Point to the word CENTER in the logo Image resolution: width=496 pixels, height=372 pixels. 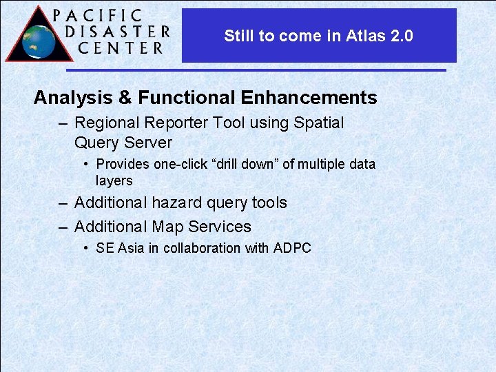[x=121, y=48]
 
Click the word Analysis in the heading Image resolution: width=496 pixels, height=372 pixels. [x=73, y=98]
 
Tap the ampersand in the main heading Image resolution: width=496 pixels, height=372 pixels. [x=125, y=98]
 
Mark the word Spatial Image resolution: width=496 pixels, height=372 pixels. [x=318, y=123]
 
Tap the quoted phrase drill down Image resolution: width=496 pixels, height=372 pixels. [x=241, y=164]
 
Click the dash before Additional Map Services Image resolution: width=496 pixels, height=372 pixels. [x=63, y=227]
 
